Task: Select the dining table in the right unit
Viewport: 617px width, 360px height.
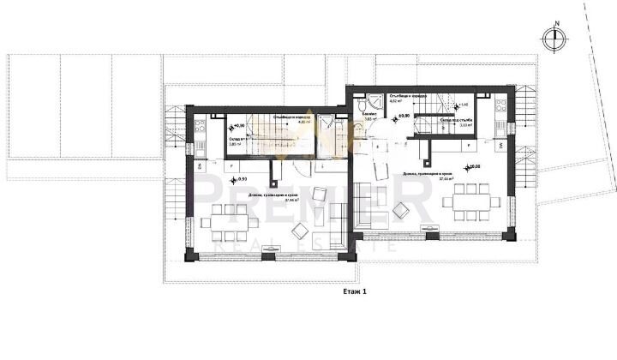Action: pyautogui.click(x=467, y=201)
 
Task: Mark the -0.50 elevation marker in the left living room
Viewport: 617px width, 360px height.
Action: pyautogui.click(x=237, y=179)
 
